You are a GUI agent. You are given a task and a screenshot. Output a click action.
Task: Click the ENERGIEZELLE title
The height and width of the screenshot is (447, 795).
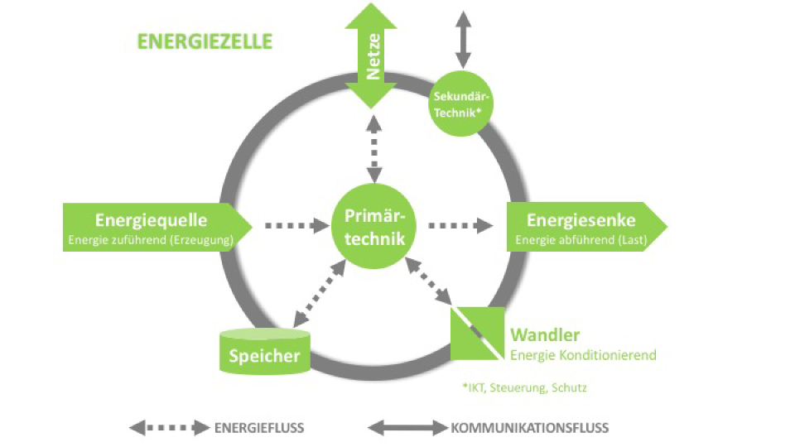click(205, 41)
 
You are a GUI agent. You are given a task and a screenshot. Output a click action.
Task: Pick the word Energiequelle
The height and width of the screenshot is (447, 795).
click(151, 220)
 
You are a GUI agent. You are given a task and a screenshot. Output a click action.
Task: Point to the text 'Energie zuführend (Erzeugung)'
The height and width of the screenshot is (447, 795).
click(151, 240)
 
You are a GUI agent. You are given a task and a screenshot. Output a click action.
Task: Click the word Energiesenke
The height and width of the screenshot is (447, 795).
click(581, 220)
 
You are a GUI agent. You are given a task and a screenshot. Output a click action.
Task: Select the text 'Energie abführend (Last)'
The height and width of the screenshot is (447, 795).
click(581, 240)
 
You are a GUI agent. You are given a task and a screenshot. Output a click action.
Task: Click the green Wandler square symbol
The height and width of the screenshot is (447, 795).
click(477, 334)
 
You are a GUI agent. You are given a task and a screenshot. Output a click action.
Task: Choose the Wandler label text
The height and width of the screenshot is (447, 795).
click(545, 335)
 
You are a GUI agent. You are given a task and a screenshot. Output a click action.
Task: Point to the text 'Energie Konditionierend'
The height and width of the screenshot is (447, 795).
click(583, 355)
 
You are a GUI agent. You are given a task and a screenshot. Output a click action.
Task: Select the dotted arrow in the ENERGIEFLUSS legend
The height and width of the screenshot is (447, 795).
click(170, 428)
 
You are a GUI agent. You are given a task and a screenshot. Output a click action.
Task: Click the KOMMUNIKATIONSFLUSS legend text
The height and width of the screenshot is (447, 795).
click(530, 428)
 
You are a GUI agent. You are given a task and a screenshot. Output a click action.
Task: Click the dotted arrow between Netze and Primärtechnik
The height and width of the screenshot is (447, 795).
click(374, 149)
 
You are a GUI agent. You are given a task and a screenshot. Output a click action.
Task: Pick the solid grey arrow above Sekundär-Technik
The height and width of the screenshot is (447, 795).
click(463, 38)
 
